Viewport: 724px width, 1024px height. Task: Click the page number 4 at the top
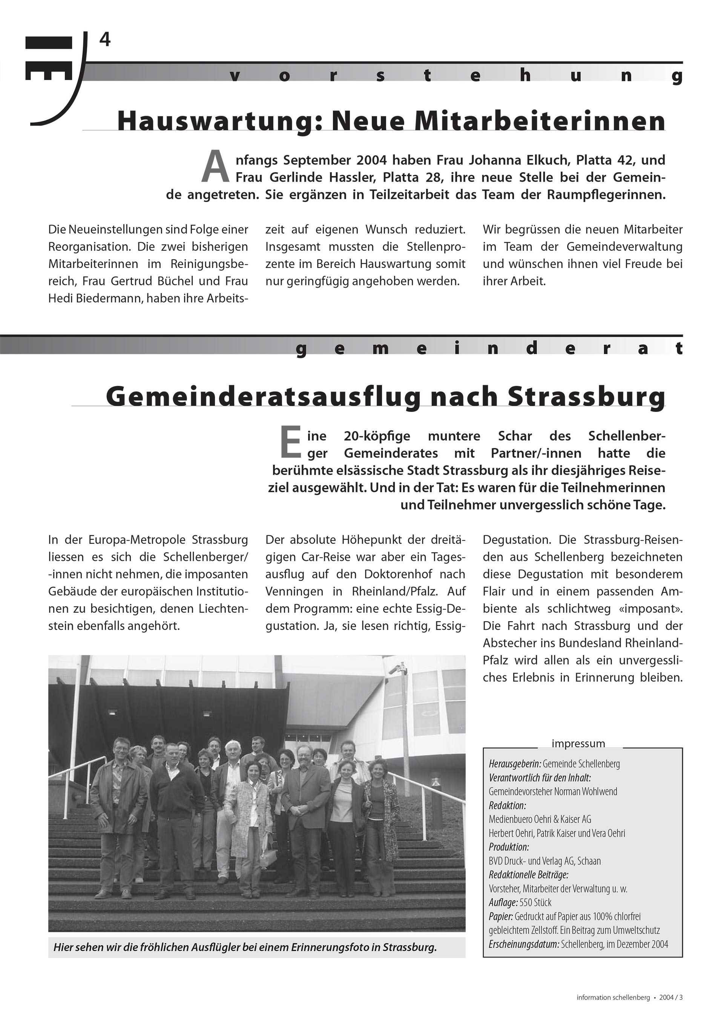[105, 40]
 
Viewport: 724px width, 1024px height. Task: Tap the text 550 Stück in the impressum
[535, 902]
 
